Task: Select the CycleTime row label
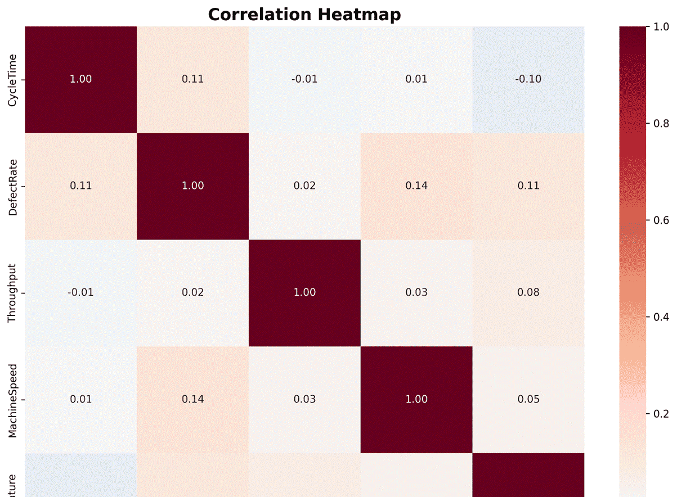[x=12, y=79]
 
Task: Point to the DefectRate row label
[x=12, y=186]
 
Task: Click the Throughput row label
[x=12, y=292]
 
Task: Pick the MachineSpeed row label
[x=12, y=399]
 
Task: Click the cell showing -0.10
[x=528, y=79]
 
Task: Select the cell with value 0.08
[x=528, y=292]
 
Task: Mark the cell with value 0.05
[x=528, y=399]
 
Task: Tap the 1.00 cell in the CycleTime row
[x=80, y=79]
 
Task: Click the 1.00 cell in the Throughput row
[x=304, y=292]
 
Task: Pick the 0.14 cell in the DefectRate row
[x=416, y=186]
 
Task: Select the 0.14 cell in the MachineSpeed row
[x=192, y=399]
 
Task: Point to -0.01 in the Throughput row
[x=80, y=292]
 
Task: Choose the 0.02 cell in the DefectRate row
[x=304, y=186]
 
